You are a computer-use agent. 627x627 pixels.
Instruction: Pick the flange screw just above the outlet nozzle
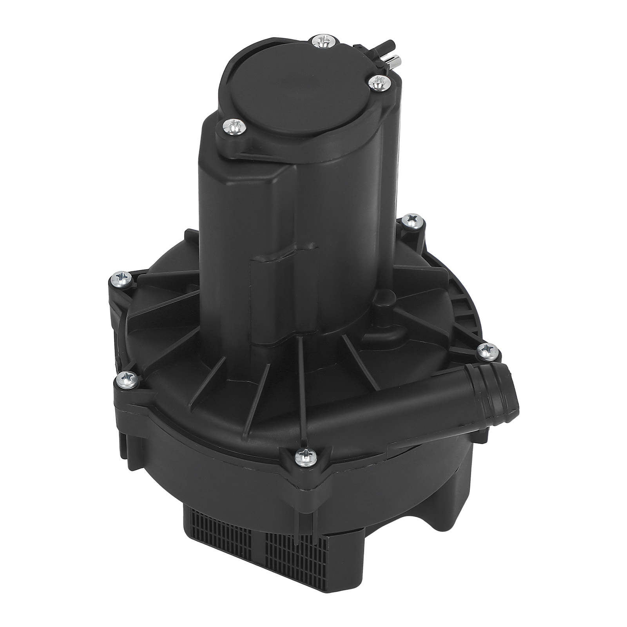coord(487,350)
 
